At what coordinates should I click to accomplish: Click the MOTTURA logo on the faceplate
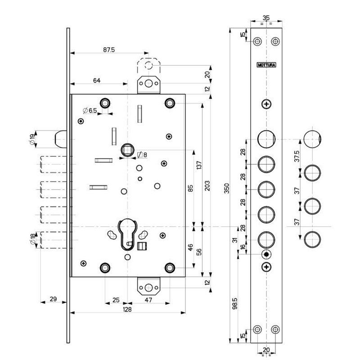pyautogui.click(x=266, y=65)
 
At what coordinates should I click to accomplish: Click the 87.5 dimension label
pyautogui.click(x=109, y=49)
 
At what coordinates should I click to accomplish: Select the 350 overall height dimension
pyautogui.click(x=227, y=188)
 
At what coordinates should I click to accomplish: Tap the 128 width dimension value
pyautogui.click(x=127, y=309)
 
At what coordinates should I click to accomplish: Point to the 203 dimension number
pyautogui.click(x=207, y=186)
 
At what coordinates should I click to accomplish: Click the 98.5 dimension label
pyautogui.click(x=234, y=303)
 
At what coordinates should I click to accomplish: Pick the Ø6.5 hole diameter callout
pyautogui.click(x=90, y=111)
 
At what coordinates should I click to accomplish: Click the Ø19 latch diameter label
pyautogui.click(x=32, y=139)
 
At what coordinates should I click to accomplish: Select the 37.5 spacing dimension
pyautogui.click(x=297, y=156)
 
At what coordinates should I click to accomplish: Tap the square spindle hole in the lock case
pyautogui.click(x=127, y=150)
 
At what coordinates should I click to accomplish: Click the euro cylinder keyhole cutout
pyautogui.click(x=128, y=234)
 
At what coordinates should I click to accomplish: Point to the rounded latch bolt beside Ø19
pyautogui.click(x=61, y=139)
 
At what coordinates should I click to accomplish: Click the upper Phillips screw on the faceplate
pyautogui.click(x=266, y=104)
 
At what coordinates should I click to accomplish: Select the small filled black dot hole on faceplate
pyautogui.click(x=266, y=254)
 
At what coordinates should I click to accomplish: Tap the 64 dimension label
pyautogui.click(x=97, y=81)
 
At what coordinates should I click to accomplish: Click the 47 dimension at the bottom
pyautogui.click(x=148, y=300)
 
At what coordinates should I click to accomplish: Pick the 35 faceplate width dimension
pyautogui.click(x=266, y=18)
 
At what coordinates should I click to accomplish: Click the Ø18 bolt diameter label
pyautogui.click(x=33, y=239)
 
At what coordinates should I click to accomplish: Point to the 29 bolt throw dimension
pyautogui.click(x=53, y=299)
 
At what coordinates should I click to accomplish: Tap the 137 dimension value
pyautogui.click(x=199, y=165)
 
